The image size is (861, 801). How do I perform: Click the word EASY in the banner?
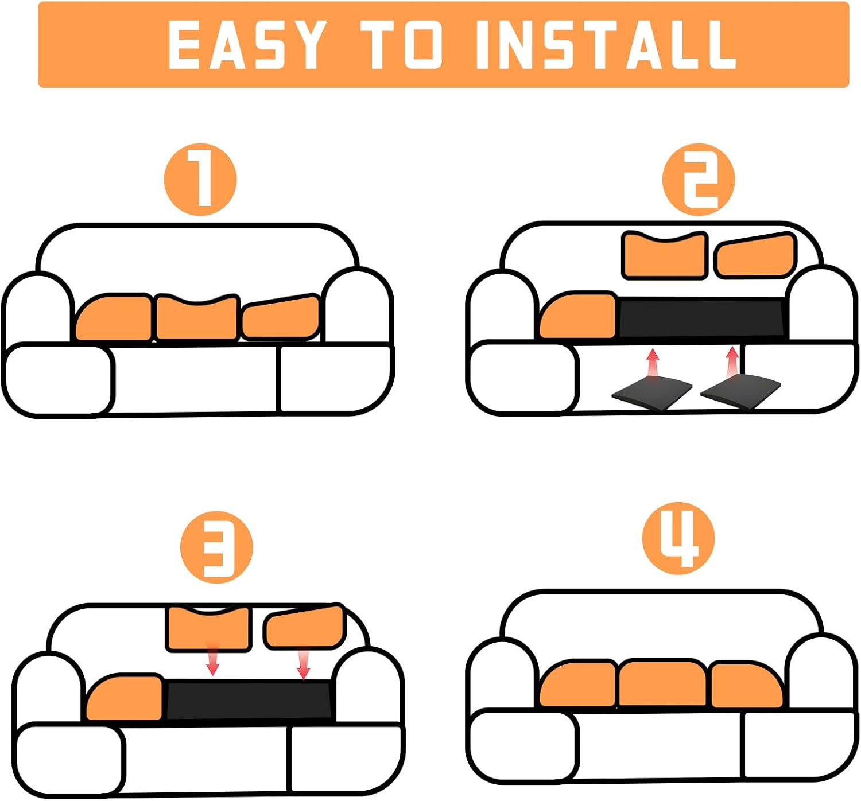[247, 44]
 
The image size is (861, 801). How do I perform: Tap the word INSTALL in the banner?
[606, 44]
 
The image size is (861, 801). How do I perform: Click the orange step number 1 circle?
[200, 180]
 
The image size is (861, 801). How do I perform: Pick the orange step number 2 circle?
[699, 180]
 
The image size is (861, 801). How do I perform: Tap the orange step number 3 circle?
[216, 547]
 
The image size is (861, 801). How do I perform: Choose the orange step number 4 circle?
[678, 538]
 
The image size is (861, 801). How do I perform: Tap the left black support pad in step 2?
[651, 393]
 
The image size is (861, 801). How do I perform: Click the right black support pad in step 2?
[740, 393]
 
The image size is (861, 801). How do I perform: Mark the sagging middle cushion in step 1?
[197, 318]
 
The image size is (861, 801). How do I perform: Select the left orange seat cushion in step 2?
[579, 314]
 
